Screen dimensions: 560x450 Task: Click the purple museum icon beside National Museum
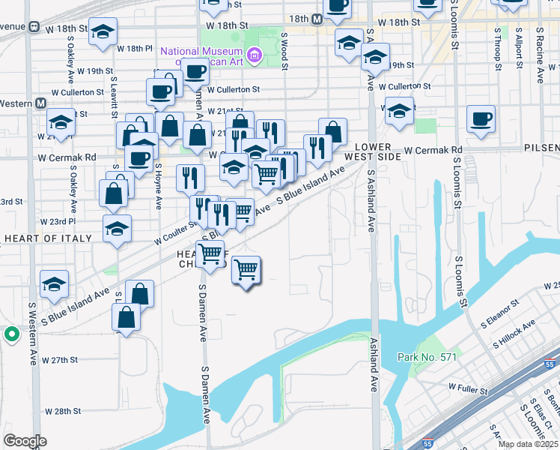(255, 54)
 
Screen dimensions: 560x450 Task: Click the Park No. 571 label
(427, 357)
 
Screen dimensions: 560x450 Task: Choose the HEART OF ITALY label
(48, 238)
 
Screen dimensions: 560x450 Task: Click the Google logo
(25, 441)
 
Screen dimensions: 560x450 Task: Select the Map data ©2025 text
(529, 444)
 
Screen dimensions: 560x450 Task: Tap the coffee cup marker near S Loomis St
(481, 118)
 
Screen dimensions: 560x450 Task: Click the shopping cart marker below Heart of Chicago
(246, 270)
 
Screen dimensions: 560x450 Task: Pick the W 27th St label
(61, 360)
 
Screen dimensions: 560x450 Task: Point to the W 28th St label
(62, 411)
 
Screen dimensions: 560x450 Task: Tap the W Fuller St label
(468, 388)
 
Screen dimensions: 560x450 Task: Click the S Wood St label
(284, 50)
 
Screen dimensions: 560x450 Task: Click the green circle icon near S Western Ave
(11, 334)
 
